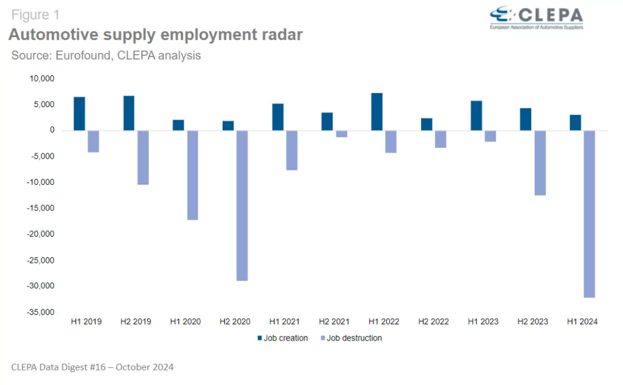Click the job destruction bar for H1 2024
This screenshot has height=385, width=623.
click(x=589, y=213)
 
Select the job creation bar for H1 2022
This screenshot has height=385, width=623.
click(x=377, y=112)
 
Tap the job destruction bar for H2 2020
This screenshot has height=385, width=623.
click(x=242, y=206)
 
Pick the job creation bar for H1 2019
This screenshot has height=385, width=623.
click(x=79, y=114)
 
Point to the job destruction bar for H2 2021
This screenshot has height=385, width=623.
click(x=341, y=134)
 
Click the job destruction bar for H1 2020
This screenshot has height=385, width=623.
click(x=192, y=175)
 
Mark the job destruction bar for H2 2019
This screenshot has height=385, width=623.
click(x=142, y=158)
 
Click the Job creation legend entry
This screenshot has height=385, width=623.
click(x=282, y=338)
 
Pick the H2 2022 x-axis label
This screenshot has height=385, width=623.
click(x=434, y=322)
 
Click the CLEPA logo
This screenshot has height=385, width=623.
click(x=536, y=18)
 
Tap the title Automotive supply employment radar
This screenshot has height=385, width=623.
click(x=155, y=35)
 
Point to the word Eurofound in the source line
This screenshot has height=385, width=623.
click(x=83, y=56)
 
